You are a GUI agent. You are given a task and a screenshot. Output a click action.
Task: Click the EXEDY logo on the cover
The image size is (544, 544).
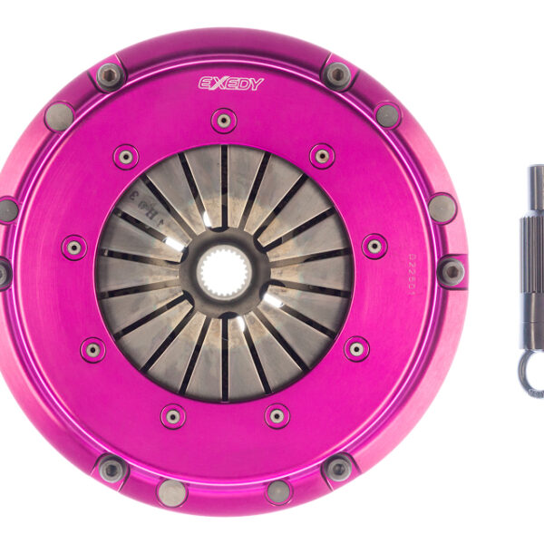point(231,83)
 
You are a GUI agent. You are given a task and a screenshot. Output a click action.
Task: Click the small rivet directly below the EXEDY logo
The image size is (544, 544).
point(224,120)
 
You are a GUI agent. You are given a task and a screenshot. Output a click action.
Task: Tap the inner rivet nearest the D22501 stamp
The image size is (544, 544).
point(374,246)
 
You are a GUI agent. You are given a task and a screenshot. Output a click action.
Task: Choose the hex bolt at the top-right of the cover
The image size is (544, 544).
point(338,74)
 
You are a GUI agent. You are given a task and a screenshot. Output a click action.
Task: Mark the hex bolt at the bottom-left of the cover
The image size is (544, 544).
point(112,468)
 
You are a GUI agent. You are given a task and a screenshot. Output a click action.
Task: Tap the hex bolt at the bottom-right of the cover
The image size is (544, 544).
point(338,468)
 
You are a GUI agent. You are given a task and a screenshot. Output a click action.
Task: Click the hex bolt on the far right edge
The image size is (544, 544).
point(452,270)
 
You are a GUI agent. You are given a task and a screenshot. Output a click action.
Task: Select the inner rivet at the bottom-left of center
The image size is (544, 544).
point(172,416)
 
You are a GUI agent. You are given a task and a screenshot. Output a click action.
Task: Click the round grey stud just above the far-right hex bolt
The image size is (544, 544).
point(442,209)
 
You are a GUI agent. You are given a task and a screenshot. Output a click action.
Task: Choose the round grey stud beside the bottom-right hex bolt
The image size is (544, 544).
point(278,492)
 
